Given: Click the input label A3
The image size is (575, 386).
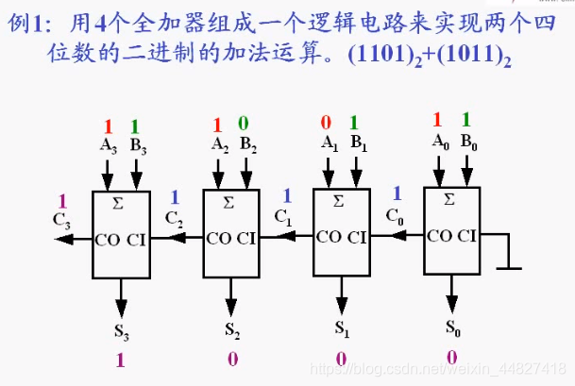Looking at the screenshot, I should [x=108, y=145].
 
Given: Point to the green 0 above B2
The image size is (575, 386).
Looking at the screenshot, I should [x=244, y=124].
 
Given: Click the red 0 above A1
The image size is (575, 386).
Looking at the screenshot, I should [x=327, y=122].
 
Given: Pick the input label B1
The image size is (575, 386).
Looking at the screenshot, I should [x=358, y=143].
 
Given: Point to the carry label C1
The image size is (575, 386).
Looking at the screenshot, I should [x=284, y=216].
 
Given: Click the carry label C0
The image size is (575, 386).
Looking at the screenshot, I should [x=396, y=214].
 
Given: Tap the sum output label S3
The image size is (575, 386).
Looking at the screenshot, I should [x=121, y=331].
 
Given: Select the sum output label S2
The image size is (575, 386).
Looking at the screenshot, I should [x=232, y=329].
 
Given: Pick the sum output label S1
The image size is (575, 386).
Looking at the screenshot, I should [x=342, y=329].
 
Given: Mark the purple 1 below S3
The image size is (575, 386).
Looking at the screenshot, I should [x=120, y=360].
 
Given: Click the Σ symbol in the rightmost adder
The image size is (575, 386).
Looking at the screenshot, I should [x=450, y=199].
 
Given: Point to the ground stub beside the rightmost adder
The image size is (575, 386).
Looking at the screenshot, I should [x=510, y=255].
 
